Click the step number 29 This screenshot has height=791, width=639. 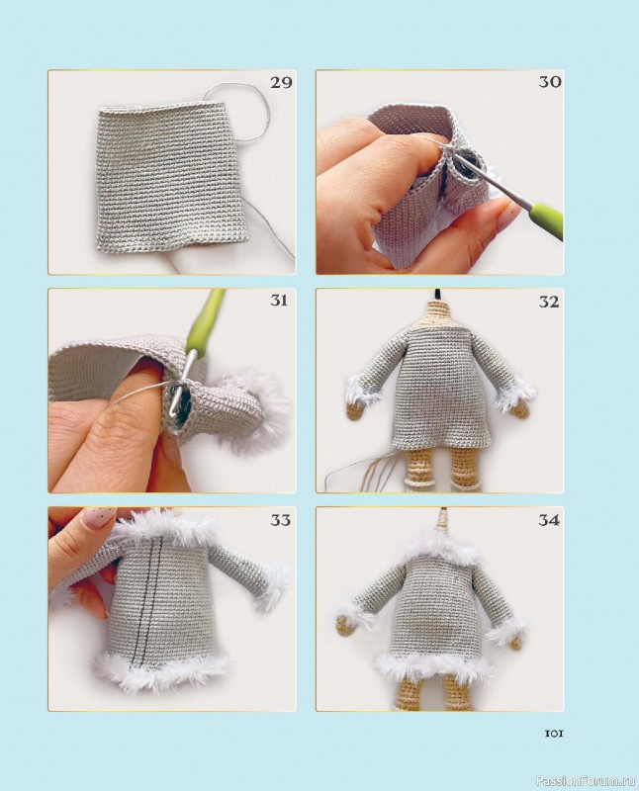pyautogui.click(x=281, y=82)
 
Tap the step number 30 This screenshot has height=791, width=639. pyautogui.click(x=550, y=82)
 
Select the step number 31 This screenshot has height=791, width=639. pyautogui.click(x=279, y=301)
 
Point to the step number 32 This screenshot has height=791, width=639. pyautogui.click(x=549, y=302)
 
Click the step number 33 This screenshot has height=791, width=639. pyautogui.click(x=281, y=520)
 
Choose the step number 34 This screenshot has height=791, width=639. pyautogui.click(x=550, y=521)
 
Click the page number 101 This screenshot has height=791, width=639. pyautogui.click(x=554, y=733)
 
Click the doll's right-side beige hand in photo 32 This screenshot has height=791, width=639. pyautogui.click(x=517, y=414)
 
